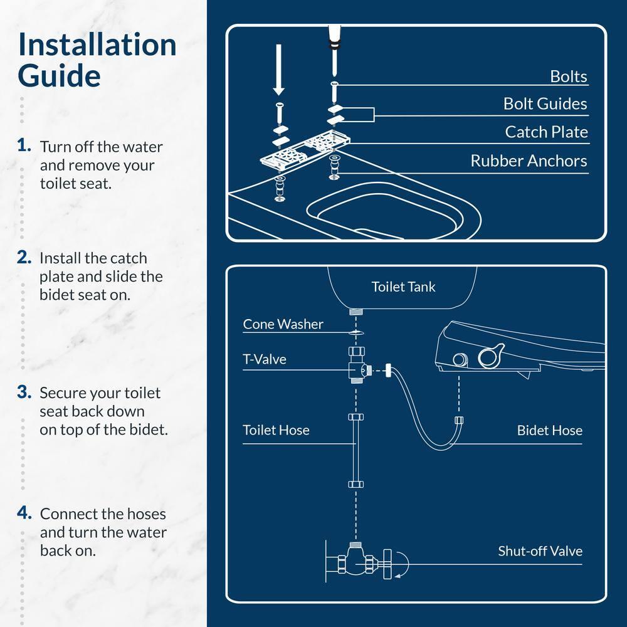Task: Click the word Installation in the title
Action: [x=97, y=45]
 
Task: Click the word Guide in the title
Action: [x=59, y=76]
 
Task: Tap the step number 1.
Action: [x=24, y=145]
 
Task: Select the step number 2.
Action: [x=24, y=257]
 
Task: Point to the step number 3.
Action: [x=24, y=392]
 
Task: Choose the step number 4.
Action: [x=24, y=513]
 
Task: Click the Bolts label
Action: [x=568, y=76]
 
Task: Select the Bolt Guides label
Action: [x=545, y=103]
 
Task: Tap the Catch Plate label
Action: [x=546, y=132]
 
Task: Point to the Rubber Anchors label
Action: [x=529, y=161]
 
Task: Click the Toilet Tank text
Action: [x=403, y=287]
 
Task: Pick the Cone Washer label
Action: [x=283, y=324]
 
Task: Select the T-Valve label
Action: [x=264, y=359]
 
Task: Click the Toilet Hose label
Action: [x=276, y=430]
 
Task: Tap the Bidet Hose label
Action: [x=549, y=430]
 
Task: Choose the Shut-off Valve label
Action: [x=540, y=551]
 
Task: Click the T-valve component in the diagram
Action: [x=357, y=370]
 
